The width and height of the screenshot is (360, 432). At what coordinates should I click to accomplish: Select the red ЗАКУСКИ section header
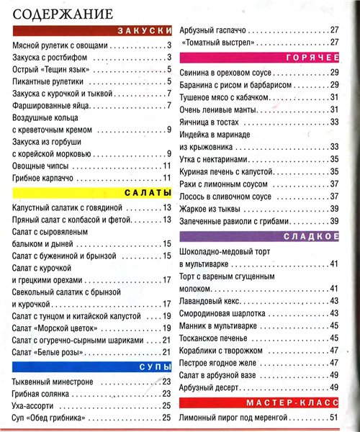[93, 31]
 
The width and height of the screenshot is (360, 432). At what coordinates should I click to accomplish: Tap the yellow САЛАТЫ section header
[93, 193]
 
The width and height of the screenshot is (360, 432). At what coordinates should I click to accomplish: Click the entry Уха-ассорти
[35, 405]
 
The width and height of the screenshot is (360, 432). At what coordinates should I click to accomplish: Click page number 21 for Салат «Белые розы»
[165, 352]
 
